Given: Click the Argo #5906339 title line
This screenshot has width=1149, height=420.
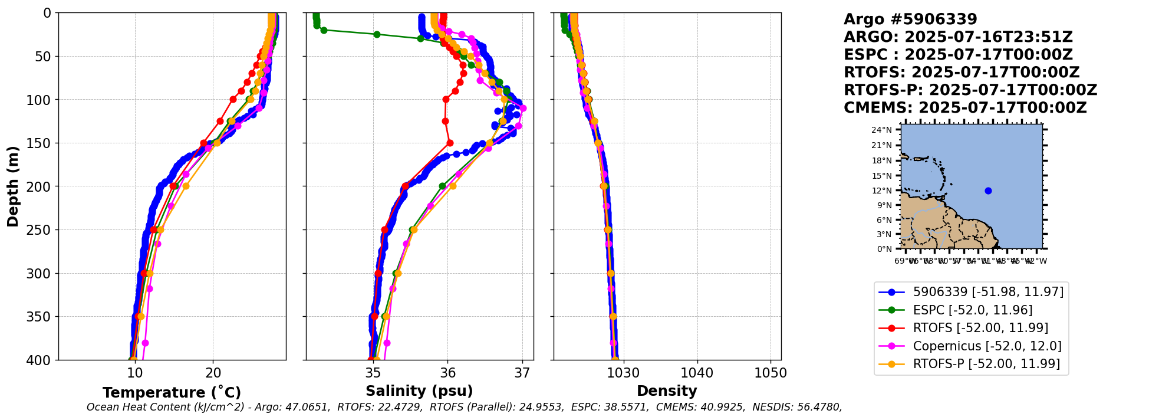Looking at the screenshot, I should click(x=910, y=19).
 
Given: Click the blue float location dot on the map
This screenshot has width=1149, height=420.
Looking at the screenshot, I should click(x=988, y=191).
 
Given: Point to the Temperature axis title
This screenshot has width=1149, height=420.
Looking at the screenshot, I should click(x=172, y=393).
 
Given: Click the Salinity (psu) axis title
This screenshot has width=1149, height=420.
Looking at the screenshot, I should click(x=419, y=391).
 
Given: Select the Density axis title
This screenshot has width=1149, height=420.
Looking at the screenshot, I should click(x=667, y=391).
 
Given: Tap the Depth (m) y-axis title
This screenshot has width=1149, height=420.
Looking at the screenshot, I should click(x=13, y=186).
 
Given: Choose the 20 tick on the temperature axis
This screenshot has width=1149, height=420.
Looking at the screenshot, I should click(x=213, y=373).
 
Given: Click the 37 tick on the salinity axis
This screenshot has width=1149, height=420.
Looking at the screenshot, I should click(x=522, y=373).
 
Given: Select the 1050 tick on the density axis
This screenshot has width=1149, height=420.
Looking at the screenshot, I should click(x=771, y=373).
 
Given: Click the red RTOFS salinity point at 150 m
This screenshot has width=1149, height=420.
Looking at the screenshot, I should click(x=450, y=143).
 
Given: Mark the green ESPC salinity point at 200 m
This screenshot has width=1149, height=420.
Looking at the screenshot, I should click(x=442, y=186).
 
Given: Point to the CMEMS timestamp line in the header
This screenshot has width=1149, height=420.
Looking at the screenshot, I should click(x=965, y=108).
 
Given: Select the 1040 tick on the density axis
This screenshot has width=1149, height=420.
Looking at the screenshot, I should click(x=697, y=373).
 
